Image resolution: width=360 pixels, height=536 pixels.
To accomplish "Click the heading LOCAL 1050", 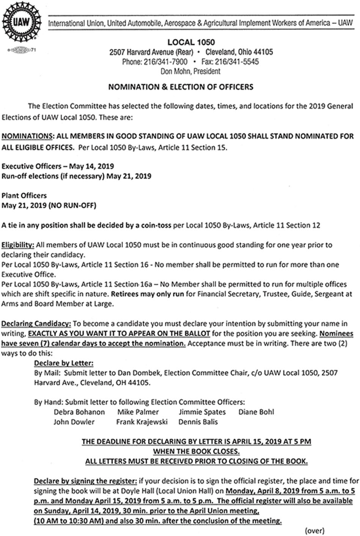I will click(191, 42).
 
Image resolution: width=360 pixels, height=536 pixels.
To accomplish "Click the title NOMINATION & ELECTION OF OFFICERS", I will click(181, 87).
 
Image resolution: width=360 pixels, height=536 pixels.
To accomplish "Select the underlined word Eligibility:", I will click(18, 245).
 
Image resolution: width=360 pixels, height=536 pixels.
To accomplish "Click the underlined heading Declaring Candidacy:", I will click(36, 324).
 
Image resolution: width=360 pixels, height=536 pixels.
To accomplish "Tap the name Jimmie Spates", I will click(202, 412).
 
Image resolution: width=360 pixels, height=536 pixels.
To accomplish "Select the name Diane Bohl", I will click(256, 412).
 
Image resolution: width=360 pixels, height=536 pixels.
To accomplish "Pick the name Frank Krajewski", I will click(141, 422).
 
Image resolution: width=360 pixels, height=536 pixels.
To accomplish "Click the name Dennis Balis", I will click(198, 422).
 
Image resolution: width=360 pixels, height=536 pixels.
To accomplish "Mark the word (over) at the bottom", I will click(314, 531).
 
